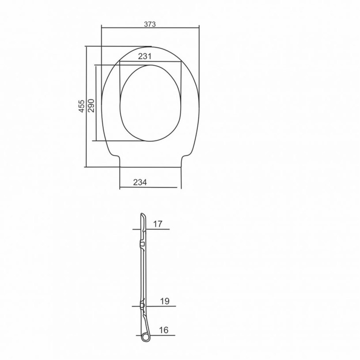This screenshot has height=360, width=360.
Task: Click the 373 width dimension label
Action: click(x=150, y=24)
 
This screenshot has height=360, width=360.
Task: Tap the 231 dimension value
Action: click(x=144, y=56)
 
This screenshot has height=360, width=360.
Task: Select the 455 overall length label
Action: click(x=82, y=106)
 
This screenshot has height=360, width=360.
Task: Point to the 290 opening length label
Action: click(x=91, y=106)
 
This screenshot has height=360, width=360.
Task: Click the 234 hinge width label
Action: click(x=140, y=182)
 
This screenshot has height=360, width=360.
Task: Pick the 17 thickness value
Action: click(x=158, y=224)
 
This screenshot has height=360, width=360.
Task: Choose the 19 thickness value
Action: click(x=165, y=301)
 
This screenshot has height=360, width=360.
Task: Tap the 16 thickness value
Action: click(x=164, y=330)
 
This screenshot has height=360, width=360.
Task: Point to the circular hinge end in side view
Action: click(x=145, y=337)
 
